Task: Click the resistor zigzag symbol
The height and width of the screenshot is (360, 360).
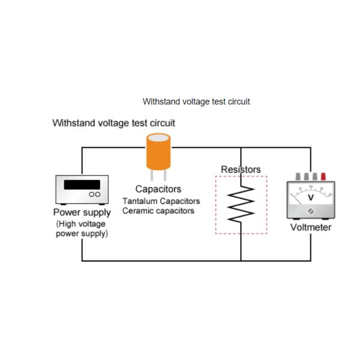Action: tap(241, 203)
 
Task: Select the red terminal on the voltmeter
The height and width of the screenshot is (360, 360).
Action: tap(323, 176)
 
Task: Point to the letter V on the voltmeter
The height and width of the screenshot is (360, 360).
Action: tap(310, 197)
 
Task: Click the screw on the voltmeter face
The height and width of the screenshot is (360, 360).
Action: tap(310, 211)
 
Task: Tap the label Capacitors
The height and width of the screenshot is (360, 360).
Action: tap(158, 190)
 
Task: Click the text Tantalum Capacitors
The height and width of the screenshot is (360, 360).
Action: tap(161, 201)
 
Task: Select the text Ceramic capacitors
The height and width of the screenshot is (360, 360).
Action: tap(158, 211)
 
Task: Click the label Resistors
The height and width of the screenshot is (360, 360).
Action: tap(241, 170)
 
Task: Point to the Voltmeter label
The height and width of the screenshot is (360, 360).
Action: tap(310, 227)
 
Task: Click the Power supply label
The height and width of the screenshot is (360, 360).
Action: tap(82, 213)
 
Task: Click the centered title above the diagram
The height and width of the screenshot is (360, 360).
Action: tap(196, 102)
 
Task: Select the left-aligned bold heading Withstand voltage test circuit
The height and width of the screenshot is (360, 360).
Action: tap(114, 124)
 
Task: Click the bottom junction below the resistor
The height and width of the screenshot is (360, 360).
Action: tap(241, 261)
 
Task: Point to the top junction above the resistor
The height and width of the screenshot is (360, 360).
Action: tap(241, 148)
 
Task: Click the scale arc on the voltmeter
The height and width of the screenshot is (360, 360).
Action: tap(310, 189)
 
